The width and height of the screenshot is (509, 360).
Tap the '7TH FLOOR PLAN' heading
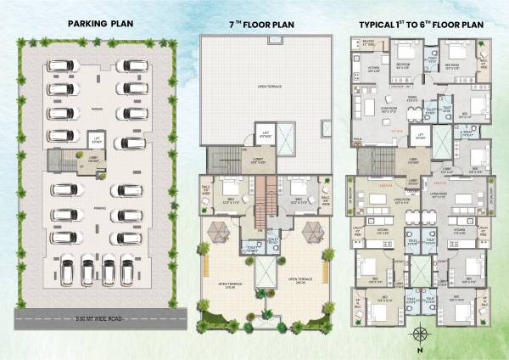260,25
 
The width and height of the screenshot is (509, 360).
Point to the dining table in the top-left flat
412,110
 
